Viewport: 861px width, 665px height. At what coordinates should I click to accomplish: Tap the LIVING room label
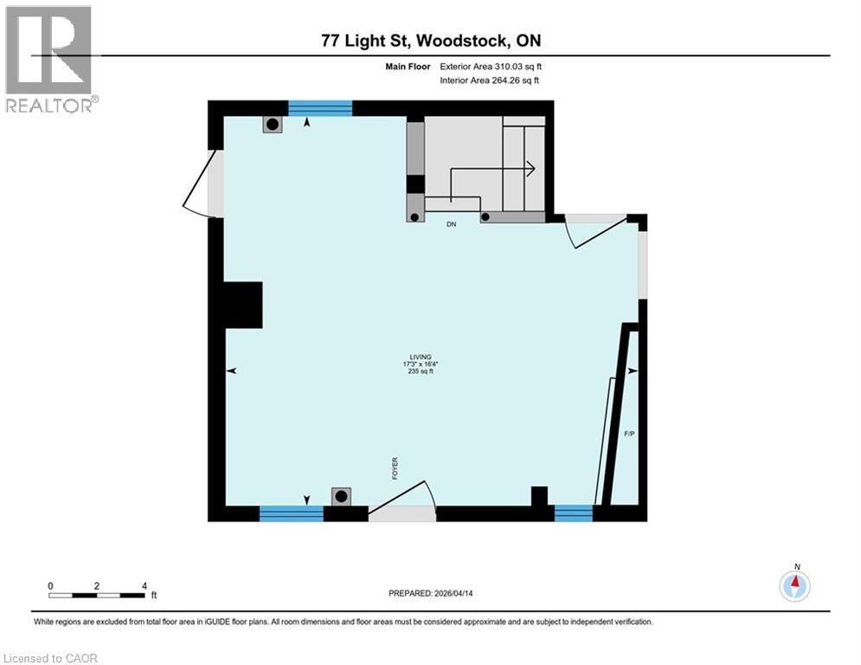tap(421, 358)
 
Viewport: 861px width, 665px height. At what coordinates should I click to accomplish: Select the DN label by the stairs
tap(451, 224)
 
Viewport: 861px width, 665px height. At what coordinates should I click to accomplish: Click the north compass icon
tap(794, 586)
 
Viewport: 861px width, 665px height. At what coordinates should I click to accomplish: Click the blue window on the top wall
tap(320, 108)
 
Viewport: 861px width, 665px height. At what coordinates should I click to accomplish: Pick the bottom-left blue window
tap(291, 513)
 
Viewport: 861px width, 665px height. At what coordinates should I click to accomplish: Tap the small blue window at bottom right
tap(574, 513)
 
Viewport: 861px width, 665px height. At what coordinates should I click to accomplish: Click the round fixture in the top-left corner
tap(272, 124)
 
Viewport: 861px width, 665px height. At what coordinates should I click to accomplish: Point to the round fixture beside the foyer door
tap(342, 496)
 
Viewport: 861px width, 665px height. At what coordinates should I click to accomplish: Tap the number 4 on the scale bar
tap(144, 585)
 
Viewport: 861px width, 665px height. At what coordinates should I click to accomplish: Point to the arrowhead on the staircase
tap(530, 168)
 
